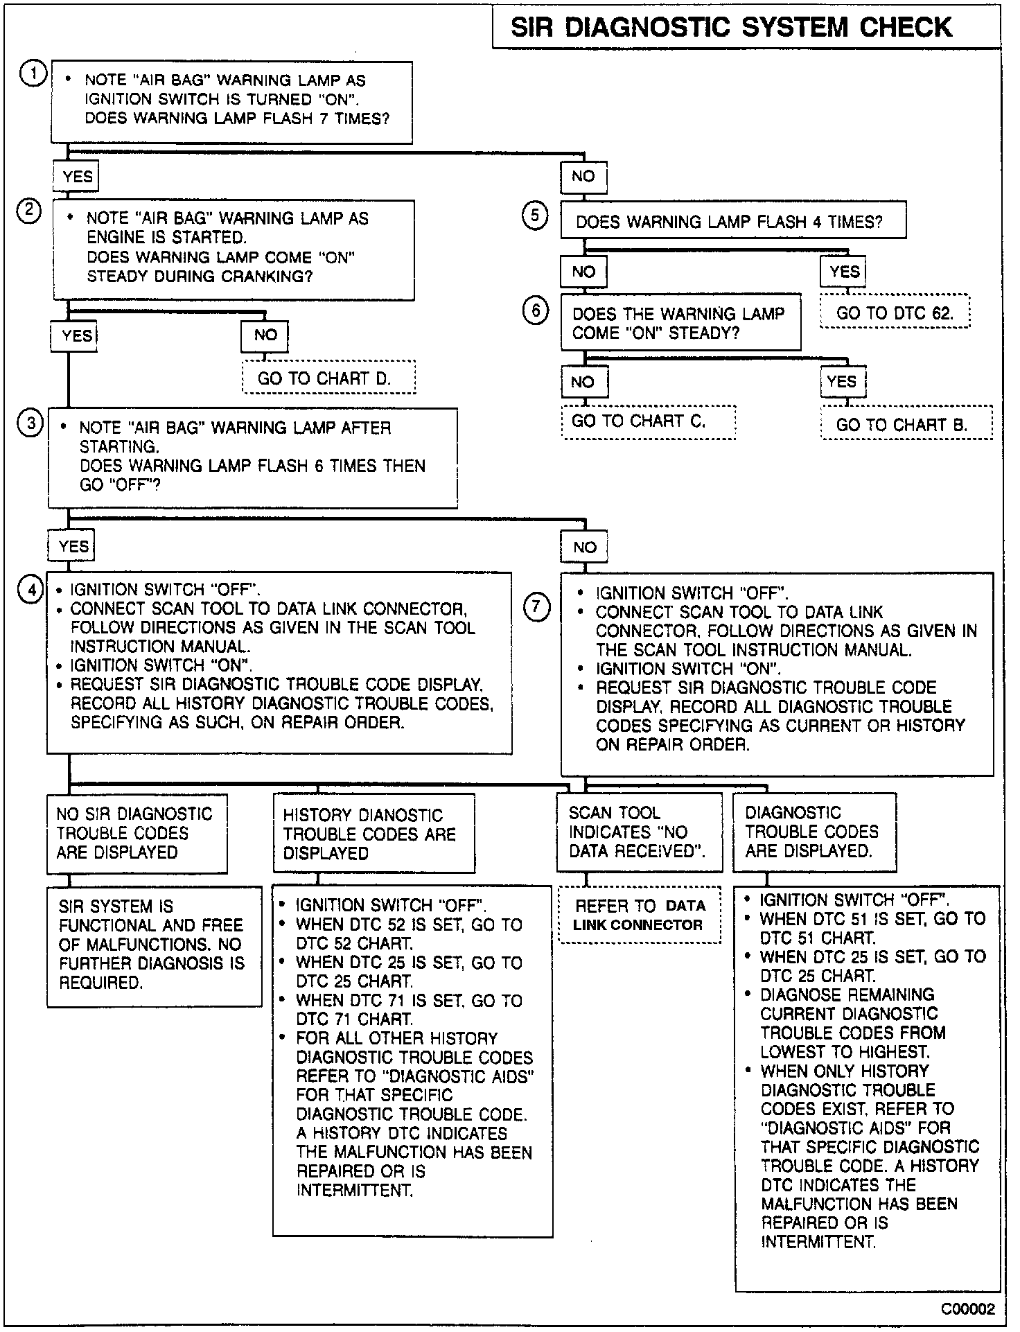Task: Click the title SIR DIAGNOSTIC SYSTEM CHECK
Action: click(x=732, y=28)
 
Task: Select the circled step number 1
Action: click(x=33, y=73)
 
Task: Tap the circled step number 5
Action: click(x=534, y=216)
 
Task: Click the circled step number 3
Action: click(x=30, y=423)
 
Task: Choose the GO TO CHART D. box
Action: click(x=328, y=378)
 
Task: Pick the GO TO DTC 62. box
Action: click(x=895, y=313)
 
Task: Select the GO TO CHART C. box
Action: click(x=648, y=422)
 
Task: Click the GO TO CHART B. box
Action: click(x=906, y=423)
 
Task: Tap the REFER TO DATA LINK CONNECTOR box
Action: click(x=639, y=915)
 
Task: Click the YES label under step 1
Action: click(x=77, y=177)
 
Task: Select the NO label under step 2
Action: click(x=265, y=336)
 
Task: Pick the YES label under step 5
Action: click(x=843, y=272)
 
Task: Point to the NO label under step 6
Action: click(x=583, y=382)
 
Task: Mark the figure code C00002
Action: click(x=967, y=1309)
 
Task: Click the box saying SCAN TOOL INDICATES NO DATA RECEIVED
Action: click(x=639, y=832)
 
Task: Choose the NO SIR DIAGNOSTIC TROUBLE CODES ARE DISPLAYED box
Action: click(x=137, y=833)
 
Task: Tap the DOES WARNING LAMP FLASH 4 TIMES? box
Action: click(x=732, y=222)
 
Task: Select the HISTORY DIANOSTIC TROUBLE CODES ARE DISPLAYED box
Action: click(x=373, y=834)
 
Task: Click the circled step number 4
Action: click(x=30, y=591)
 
